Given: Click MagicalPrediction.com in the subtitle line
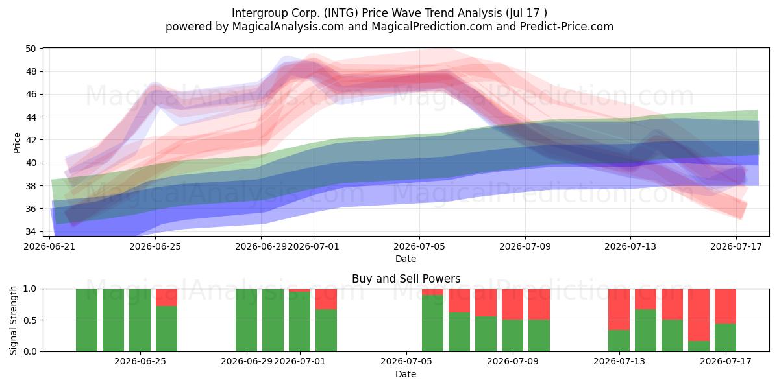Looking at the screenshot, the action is (x=432, y=27).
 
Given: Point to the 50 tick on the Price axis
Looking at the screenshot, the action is (x=31, y=49).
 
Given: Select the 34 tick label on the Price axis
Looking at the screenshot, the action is (x=31, y=231).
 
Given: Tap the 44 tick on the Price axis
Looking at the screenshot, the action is (x=31, y=117).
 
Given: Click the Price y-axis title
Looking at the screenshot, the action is (x=17, y=143).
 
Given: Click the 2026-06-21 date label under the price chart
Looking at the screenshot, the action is (x=49, y=246).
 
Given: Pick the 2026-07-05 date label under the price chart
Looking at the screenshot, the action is (x=419, y=246).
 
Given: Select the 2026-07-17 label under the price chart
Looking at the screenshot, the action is (x=736, y=246).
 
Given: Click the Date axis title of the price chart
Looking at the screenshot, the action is (x=406, y=259).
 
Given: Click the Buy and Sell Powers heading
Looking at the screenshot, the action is (x=406, y=279).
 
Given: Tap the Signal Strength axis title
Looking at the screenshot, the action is (x=13, y=320).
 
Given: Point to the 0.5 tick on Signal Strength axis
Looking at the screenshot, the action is (x=30, y=320).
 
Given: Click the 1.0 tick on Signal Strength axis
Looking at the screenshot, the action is (x=30, y=289).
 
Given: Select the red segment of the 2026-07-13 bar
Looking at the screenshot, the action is (x=619, y=309).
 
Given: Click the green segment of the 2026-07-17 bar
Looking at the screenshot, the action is (x=726, y=337).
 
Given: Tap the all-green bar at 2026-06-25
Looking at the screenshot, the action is (x=140, y=320).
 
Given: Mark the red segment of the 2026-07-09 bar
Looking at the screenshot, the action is (x=513, y=304).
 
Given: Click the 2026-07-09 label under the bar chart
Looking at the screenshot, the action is (x=513, y=362).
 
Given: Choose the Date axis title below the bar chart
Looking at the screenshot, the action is (x=406, y=374).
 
